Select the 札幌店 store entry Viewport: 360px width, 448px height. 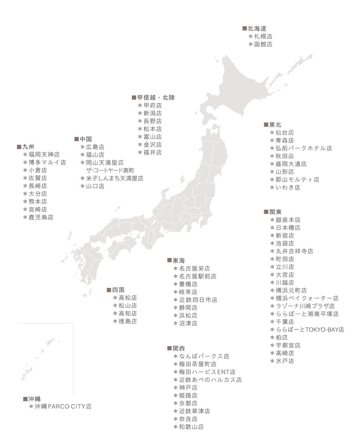(263, 36)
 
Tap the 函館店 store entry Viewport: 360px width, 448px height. (263, 44)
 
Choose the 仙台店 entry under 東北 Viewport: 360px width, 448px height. (285, 132)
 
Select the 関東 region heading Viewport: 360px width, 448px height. (275, 211)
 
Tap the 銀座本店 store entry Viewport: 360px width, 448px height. (288, 220)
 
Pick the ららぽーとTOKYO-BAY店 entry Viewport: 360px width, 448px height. (310, 329)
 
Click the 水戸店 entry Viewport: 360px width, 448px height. (285, 361)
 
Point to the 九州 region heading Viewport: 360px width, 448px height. (28, 146)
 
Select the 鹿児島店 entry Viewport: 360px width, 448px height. (41, 217)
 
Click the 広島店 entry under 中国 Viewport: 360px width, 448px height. (95, 147)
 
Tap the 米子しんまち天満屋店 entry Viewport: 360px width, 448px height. (114, 178)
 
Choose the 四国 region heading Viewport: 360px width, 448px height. (118, 290)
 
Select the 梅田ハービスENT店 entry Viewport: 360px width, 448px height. (207, 372)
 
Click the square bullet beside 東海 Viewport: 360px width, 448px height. (169, 260)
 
